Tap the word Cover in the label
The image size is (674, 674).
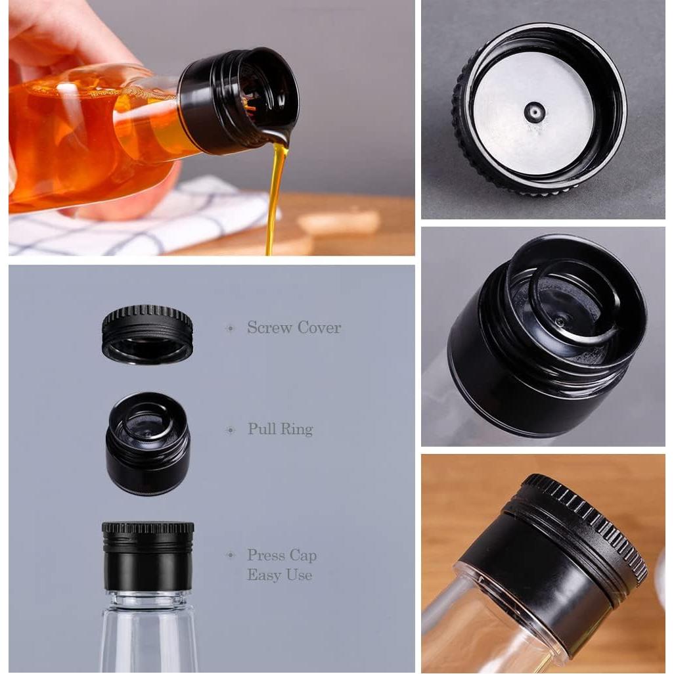pyautogui.click(x=319, y=328)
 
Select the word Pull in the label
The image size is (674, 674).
pyautogui.click(x=261, y=430)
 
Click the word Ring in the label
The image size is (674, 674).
pyautogui.click(x=296, y=430)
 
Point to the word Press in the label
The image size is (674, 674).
pyautogui.click(x=267, y=556)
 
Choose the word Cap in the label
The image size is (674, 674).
pyautogui.click(x=304, y=556)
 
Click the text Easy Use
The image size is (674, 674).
pyautogui.click(x=279, y=575)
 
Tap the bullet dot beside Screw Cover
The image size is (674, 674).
pyautogui.click(x=230, y=328)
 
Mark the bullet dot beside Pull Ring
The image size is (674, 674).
pyautogui.click(x=230, y=430)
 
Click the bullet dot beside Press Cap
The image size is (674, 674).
pyautogui.click(x=230, y=556)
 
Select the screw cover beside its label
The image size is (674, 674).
pyautogui.click(x=147, y=334)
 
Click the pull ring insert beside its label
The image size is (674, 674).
pyautogui.click(x=148, y=444)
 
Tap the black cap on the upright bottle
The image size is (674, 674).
pyautogui.click(x=148, y=556)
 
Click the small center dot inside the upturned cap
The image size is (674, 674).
pyautogui.click(x=534, y=112)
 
